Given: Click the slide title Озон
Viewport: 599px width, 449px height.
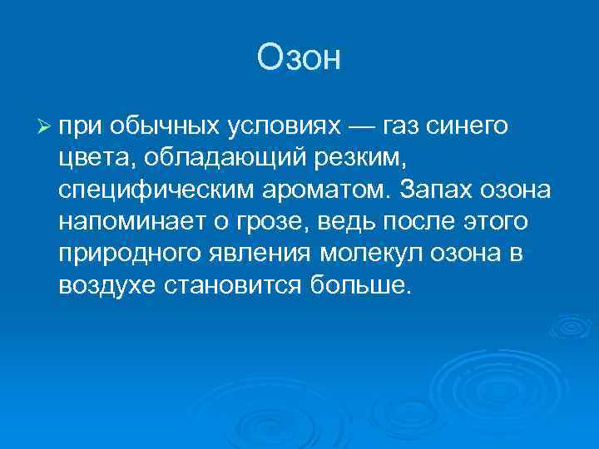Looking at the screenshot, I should pyautogui.click(x=299, y=58).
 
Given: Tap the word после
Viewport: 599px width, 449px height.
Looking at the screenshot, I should pyautogui.click(x=434, y=222).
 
